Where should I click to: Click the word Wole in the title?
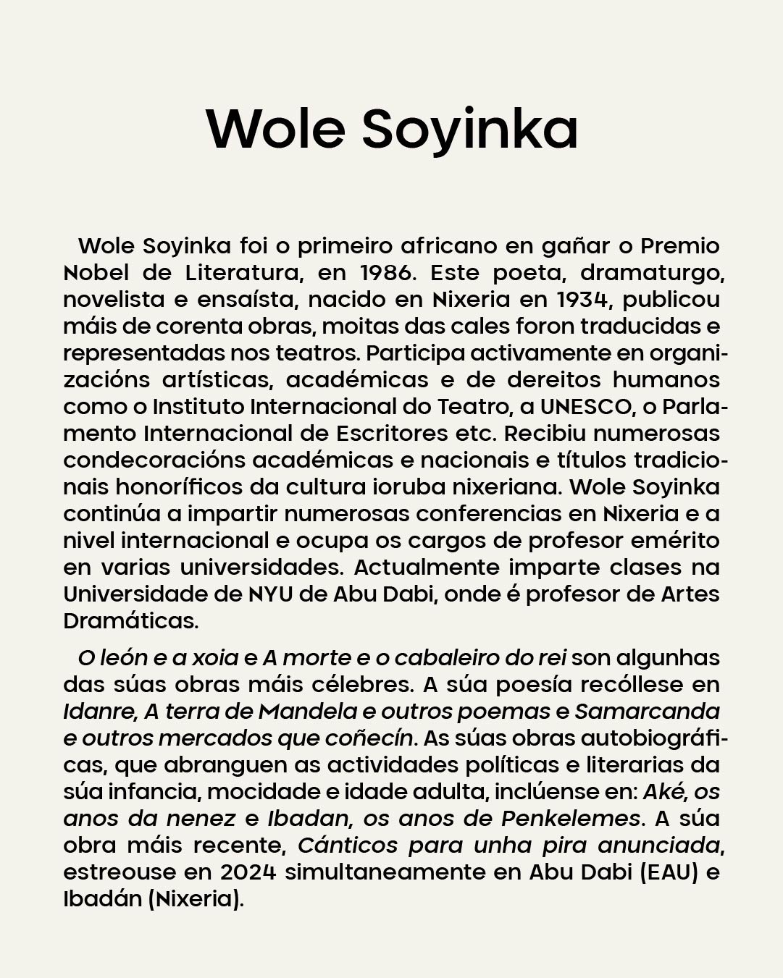pyautogui.click(x=275, y=129)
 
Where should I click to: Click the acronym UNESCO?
pyautogui.click(x=586, y=407)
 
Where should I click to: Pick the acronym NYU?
pyautogui.click(x=270, y=594)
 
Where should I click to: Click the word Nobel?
pyautogui.click(x=96, y=273)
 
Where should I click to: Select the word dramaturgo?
pyautogui.click(x=653, y=273)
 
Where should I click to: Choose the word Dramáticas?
pyautogui.click(x=130, y=621)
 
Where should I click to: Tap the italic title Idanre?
pyautogui.click(x=99, y=712)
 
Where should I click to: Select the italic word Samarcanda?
pyautogui.click(x=647, y=712)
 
